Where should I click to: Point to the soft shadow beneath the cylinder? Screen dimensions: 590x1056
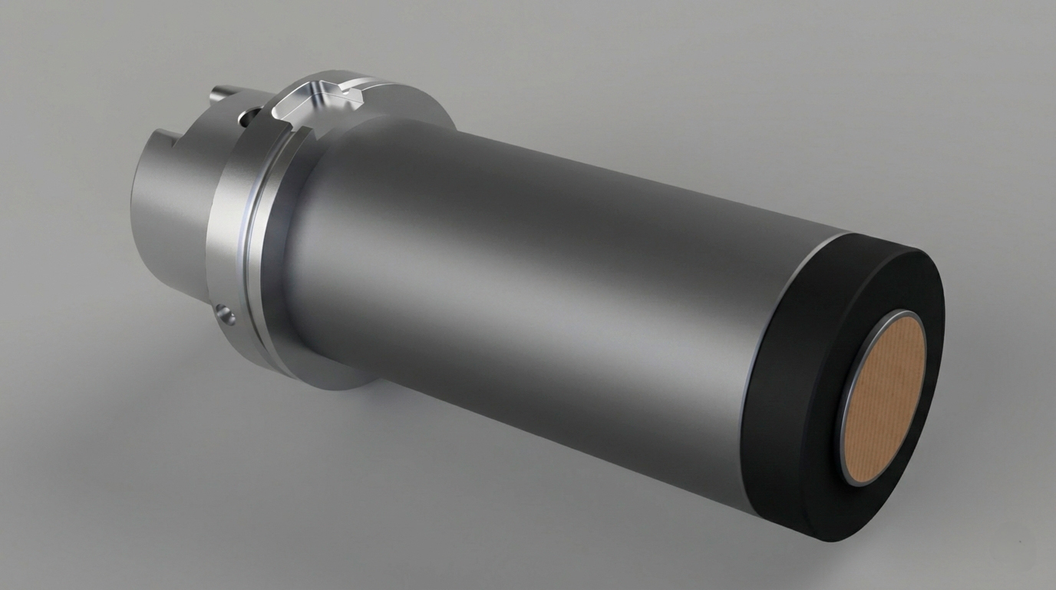point(460,476)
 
